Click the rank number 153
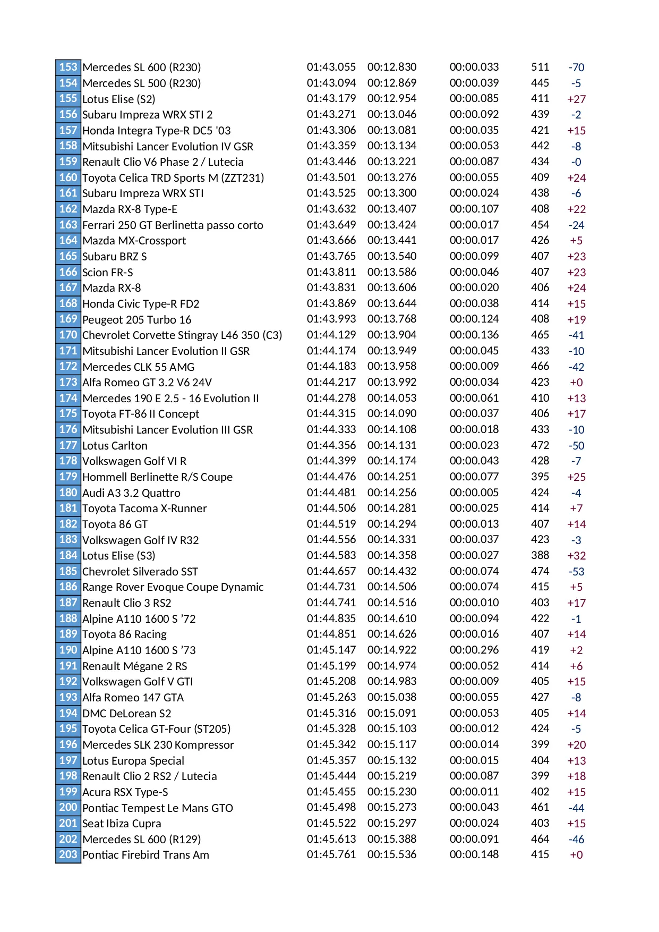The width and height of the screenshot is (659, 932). coord(68,67)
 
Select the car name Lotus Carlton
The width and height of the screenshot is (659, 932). coord(115,446)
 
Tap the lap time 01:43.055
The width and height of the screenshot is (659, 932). coord(331,67)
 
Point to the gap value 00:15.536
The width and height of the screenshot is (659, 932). coord(392,854)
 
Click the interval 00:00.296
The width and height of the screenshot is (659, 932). coord(474,650)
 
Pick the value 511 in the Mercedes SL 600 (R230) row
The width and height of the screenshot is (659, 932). coord(540,67)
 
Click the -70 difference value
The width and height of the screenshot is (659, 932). coord(576,67)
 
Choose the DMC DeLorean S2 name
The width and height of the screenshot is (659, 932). coord(127,713)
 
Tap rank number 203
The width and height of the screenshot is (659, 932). coord(68,854)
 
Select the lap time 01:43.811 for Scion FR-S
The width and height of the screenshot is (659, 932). coord(331,272)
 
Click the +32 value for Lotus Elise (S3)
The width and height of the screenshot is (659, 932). coord(576,556)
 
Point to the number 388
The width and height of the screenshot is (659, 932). coord(540,555)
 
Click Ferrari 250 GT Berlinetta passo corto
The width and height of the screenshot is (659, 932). coord(173,225)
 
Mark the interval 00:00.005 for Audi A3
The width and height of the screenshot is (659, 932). coord(474,493)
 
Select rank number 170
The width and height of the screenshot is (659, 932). coord(68,335)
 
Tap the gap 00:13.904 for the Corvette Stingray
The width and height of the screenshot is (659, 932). coord(392,335)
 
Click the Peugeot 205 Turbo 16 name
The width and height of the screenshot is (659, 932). coord(136,320)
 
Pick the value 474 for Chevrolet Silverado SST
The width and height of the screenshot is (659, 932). coord(540,571)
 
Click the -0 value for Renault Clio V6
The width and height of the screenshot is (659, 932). coord(576,162)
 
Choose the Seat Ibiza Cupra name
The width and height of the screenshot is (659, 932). coord(122,824)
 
